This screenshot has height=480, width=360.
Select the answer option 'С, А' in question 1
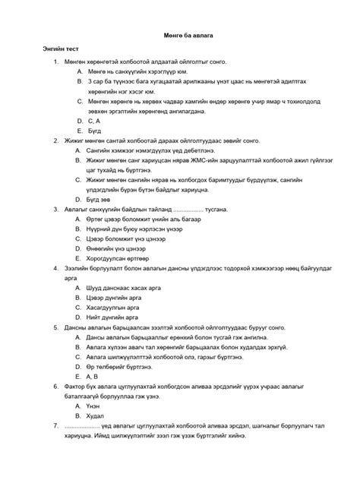pyautogui.click(x=95, y=120)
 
